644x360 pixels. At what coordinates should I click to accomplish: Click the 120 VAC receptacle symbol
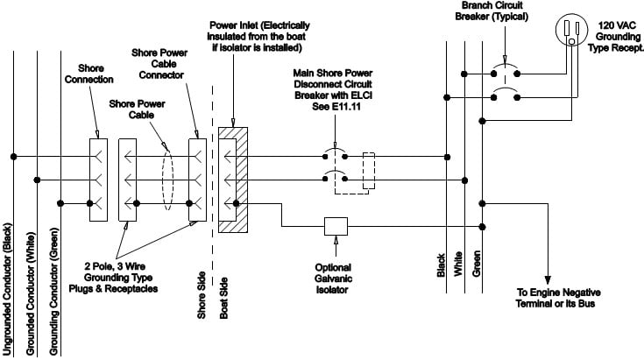tap(573, 32)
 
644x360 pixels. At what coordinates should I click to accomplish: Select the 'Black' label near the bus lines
tap(441, 265)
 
